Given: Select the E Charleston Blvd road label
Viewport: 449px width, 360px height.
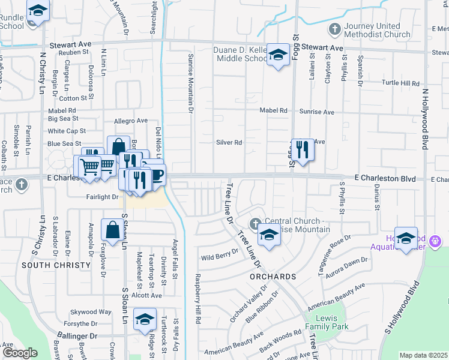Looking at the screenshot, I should coord(385,178).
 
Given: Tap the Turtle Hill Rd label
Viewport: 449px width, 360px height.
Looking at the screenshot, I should coord(401,83).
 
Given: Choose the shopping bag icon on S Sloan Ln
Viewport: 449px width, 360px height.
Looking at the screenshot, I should coord(112,229).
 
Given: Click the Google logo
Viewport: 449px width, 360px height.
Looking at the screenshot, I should coord(20,353).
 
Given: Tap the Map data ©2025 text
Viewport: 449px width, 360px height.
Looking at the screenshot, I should coord(423,355).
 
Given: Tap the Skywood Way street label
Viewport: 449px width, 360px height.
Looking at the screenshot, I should coord(91,312).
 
